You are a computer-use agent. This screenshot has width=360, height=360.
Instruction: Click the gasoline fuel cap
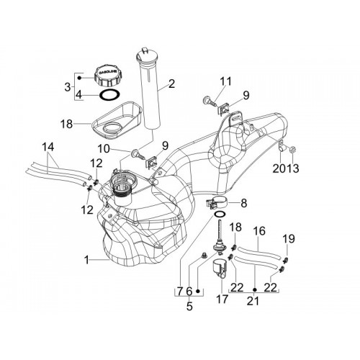[x=107, y=76]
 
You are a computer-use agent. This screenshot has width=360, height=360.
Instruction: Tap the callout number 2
[x=171, y=84]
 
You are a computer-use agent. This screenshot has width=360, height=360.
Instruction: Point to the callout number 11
[x=225, y=81]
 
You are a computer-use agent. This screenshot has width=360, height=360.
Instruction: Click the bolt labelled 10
[x=138, y=154]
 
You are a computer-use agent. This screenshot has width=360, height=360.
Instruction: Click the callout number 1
[x=87, y=260]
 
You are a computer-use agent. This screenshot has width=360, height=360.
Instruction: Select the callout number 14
[x=48, y=148]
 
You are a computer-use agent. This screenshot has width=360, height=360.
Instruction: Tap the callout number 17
[x=222, y=299]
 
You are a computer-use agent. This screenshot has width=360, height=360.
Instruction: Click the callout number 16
[x=259, y=231]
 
